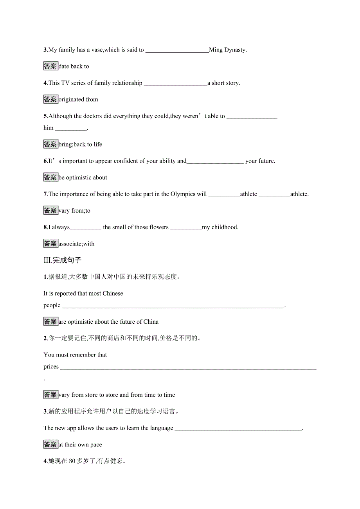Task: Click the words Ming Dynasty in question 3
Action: click(x=228, y=50)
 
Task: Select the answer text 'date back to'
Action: click(x=74, y=66)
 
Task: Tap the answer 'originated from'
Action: click(x=78, y=100)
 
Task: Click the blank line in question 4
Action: click(x=175, y=83)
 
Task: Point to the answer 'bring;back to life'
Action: click(x=80, y=145)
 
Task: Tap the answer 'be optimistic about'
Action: click(x=83, y=178)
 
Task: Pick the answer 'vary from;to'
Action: click(x=74, y=211)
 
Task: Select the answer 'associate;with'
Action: click(x=76, y=244)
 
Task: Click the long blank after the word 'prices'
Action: click(x=188, y=367)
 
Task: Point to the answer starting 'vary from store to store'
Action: click(x=117, y=395)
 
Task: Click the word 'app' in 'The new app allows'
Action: click(x=72, y=428)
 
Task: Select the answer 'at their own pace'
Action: click(x=80, y=445)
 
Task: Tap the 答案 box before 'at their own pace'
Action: click(x=50, y=444)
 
